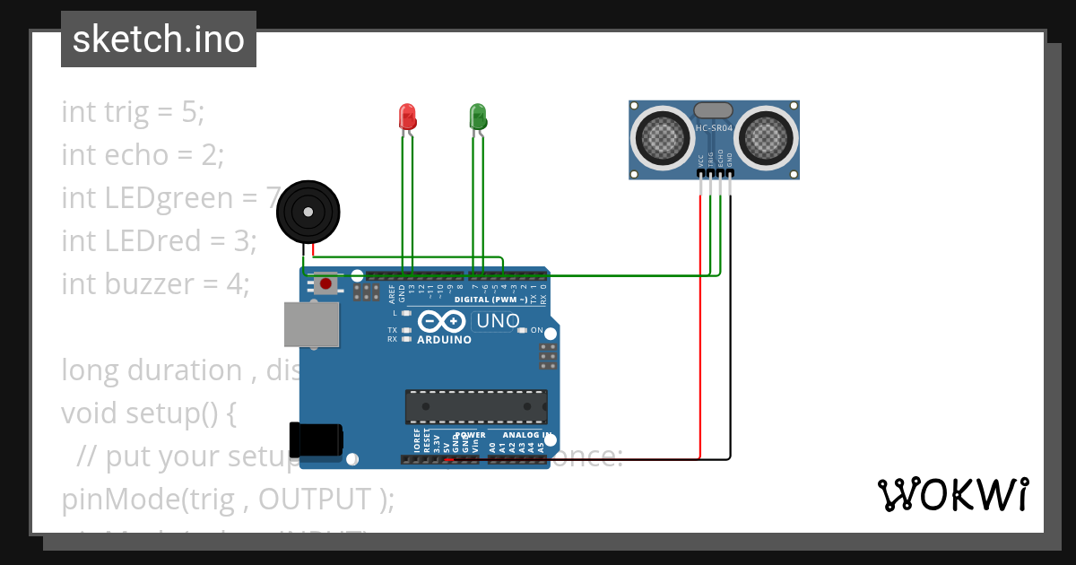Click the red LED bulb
pyautogui.click(x=407, y=116)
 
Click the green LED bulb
pyautogui.click(x=477, y=116)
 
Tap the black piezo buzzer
pyautogui.click(x=308, y=212)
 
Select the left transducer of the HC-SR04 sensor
pyautogui.click(x=664, y=137)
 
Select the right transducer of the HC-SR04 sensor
pyautogui.click(x=767, y=137)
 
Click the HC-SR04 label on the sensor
pyautogui.click(x=715, y=128)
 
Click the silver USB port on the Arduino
pyautogui.click(x=311, y=324)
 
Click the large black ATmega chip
pyautogui.click(x=475, y=406)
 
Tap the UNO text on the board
pyautogui.click(x=498, y=321)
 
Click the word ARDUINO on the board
pyautogui.click(x=444, y=340)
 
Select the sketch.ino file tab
pyautogui.click(x=159, y=39)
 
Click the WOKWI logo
pyautogui.click(x=952, y=494)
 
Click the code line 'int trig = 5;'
pyautogui.click(x=133, y=112)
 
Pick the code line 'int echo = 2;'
pyautogui.click(x=142, y=155)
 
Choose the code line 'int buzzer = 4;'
pyautogui.click(x=154, y=284)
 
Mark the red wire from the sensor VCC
pyautogui.click(x=699, y=341)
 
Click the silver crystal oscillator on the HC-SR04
pyautogui.click(x=714, y=109)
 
